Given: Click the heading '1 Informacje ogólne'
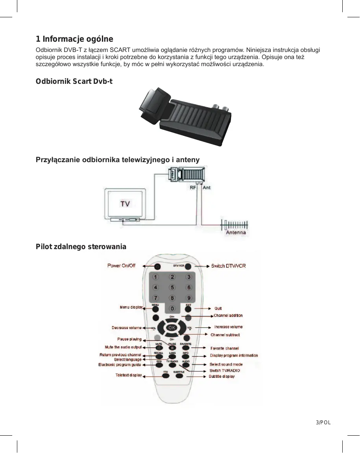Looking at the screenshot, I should tap(74, 39).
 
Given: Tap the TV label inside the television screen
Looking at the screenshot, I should tap(125, 203).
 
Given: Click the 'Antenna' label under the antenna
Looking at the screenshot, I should tap(236, 233).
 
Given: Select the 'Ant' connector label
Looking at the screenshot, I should tap(207, 188).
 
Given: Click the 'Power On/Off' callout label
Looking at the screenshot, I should tap(121, 266).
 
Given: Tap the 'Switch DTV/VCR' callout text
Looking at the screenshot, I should tap(228, 266).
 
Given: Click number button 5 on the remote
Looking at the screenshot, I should tap(172, 287).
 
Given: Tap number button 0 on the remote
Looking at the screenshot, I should tap(172, 308).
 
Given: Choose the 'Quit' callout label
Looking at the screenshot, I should tap(218, 309).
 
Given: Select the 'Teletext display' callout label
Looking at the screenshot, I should tap(129, 375).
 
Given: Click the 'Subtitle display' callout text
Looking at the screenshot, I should tap(222, 377).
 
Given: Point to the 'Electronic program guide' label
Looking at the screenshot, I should tap(120, 365).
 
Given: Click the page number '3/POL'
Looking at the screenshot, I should tap(323, 422).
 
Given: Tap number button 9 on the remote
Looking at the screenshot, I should tap(189, 298).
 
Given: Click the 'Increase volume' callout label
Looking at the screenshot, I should tap(228, 327).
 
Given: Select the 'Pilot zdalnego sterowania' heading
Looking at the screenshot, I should tap(81, 247).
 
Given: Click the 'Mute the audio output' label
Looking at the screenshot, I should tap(123, 347).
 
